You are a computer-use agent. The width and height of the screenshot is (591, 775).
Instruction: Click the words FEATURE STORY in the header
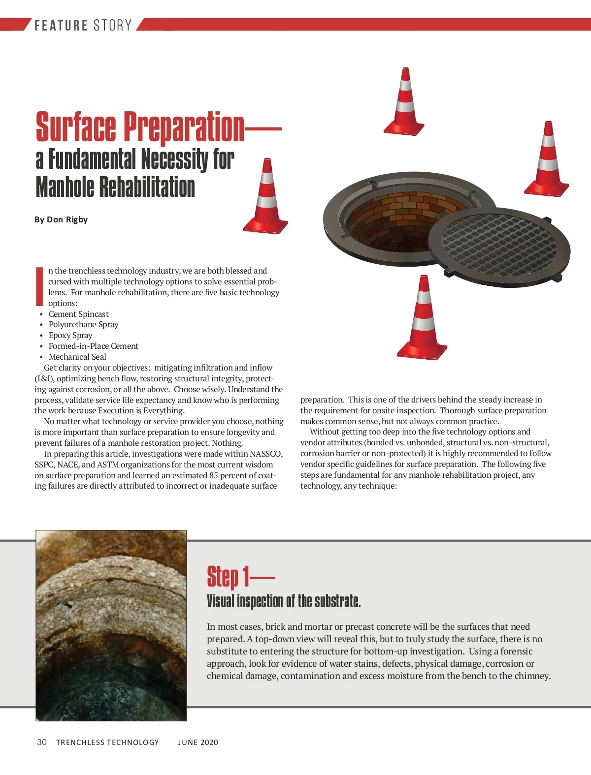(x=83, y=25)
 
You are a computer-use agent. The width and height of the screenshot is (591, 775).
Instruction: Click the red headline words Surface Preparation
(x=140, y=127)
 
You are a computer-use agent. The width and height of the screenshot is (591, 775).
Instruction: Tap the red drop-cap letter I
(x=39, y=286)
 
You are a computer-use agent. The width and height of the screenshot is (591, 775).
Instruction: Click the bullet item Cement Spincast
(x=78, y=314)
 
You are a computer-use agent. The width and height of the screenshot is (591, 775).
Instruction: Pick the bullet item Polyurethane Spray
(x=83, y=325)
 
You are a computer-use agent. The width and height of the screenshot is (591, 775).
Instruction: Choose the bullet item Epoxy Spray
(x=70, y=336)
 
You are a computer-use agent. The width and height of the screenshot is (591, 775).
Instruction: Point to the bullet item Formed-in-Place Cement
(x=93, y=346)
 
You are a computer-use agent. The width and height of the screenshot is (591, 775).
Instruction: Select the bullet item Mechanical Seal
(x=77, y=357)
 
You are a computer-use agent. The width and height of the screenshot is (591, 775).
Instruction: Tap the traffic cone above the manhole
(x=404, y=103)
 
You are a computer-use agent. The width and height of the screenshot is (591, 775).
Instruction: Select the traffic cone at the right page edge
(x=547, y=160)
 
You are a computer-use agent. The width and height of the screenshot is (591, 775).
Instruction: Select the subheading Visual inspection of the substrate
(x=284, y=601)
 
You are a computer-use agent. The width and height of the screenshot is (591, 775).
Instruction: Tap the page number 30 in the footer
(x=42, y=742)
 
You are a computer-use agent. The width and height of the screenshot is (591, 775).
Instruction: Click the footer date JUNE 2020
(x=198, y=743)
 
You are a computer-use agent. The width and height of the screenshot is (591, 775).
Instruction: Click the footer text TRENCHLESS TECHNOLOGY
(x=107, y=743)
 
